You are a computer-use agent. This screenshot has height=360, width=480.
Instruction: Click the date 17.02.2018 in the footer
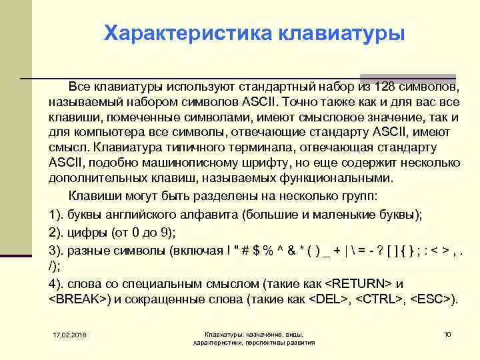(74, 333)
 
